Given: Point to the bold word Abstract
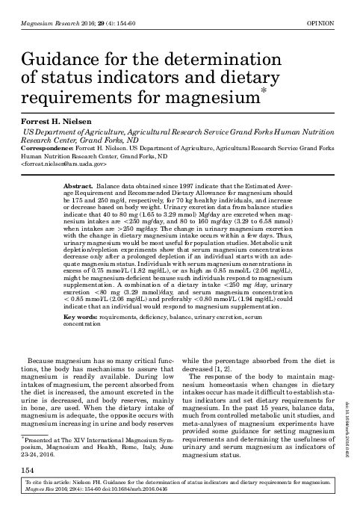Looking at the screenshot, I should (x=78, y=184).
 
